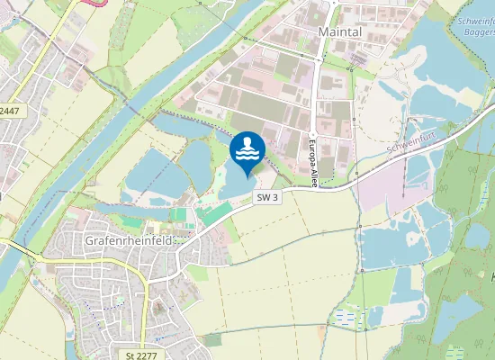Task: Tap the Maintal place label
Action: pos(338,31)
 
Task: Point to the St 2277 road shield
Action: pos(141,355)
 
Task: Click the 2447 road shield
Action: pos(9,112)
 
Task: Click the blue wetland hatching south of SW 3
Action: pos(347,317)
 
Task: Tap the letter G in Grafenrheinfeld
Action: pos(89,241)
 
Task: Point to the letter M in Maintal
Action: pos(324,31)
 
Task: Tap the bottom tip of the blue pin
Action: pos(247,176)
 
